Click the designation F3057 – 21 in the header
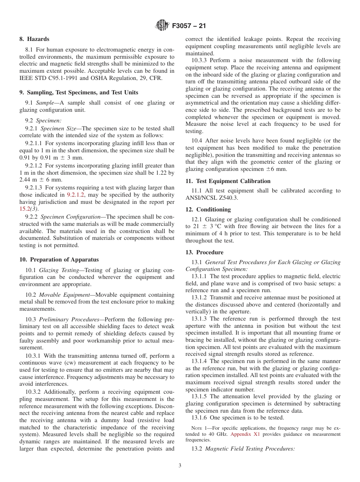tap(189, 26)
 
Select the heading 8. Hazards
tap(34, 39)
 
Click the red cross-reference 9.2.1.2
tap(75, 195)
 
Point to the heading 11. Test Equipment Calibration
tap(228, 181)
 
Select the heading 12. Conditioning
tap(208, 210)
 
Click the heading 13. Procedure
tap(204, 252)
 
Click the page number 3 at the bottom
tap(180, 466)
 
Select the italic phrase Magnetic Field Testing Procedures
tap(250, 449)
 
